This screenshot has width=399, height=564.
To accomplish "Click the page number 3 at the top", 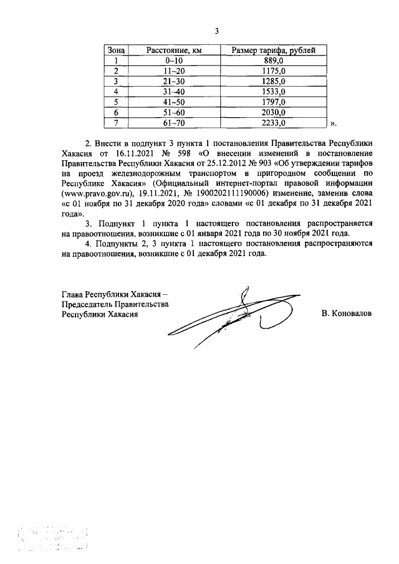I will coord(216,31).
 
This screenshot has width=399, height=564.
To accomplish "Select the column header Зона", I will coord(116,50).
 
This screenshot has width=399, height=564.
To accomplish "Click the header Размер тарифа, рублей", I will coord(273,50).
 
